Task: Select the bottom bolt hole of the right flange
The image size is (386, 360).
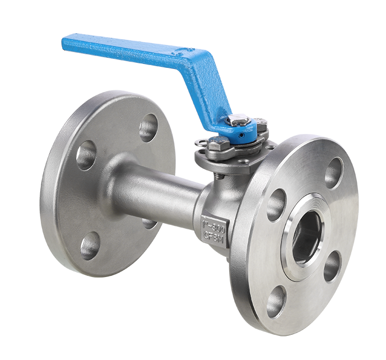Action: coord(276,301)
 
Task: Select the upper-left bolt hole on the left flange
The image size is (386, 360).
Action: coord(86,155)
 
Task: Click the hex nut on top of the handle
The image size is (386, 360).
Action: coord(235,120)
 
